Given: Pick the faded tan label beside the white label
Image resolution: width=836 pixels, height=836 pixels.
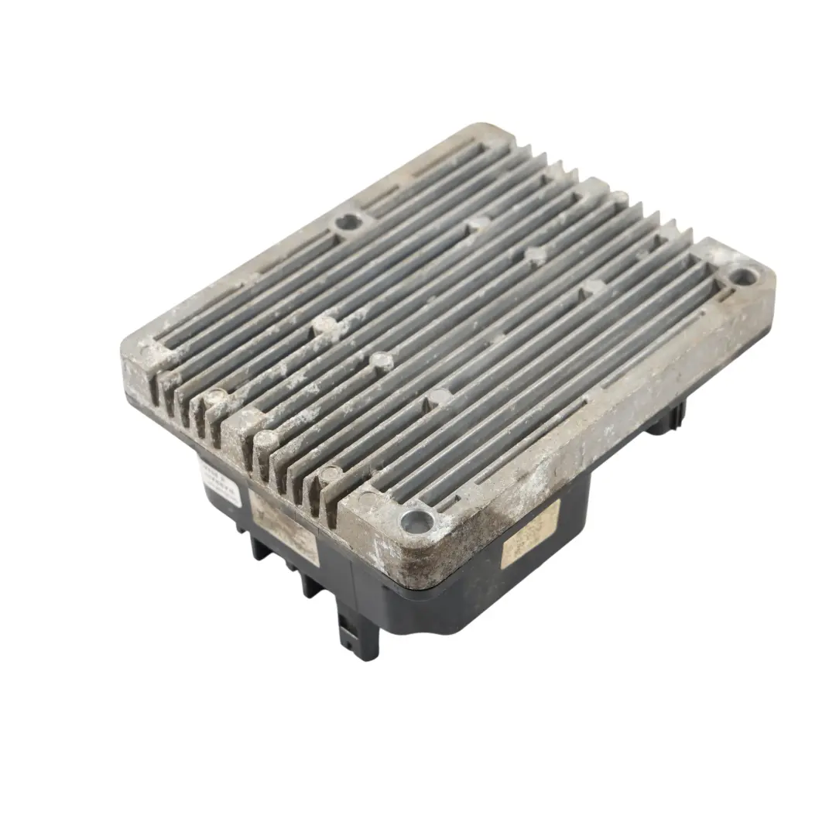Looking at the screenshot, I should pyautogui.click(x=285, y=525).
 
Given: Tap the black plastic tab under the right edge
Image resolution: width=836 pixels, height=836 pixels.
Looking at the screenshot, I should pyautogui.click(x=666, y=418).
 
